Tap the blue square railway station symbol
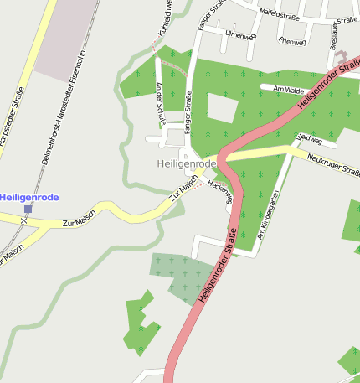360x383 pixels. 28,209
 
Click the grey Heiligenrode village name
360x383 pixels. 187,163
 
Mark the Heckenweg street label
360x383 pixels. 219,186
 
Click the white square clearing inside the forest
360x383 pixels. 221,106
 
